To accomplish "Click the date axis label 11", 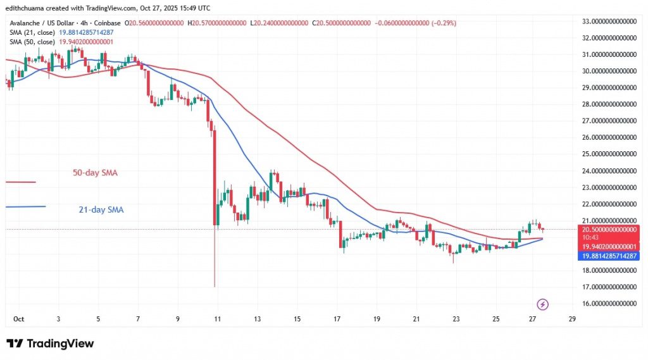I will click(x=217, y=319).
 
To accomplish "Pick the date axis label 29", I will click(x=571, y=319).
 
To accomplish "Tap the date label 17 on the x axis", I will click(x=337, y=319).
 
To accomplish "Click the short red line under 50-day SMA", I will click(x=20, y=182).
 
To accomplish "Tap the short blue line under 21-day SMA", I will click(x=25, y=206).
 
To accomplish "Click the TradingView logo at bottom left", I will click(x=51, y=344).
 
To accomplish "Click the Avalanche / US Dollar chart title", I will click(x=44, y=23).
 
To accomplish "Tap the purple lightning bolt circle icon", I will click(x=542, y=304).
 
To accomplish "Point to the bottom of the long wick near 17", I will click(x=215, y=287).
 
